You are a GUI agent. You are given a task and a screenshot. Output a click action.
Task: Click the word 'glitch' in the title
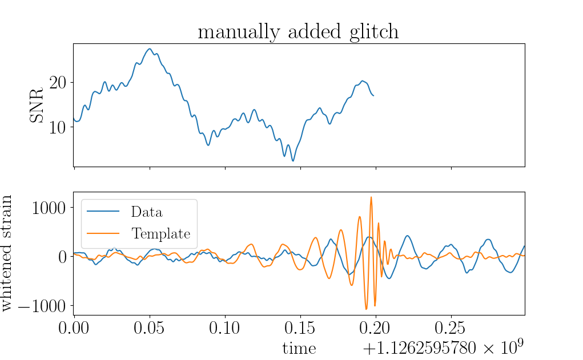pos(374,32)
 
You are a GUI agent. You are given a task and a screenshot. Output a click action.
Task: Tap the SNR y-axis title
pos(37,105)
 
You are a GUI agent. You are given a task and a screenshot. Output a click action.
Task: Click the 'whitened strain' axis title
pos(6,253)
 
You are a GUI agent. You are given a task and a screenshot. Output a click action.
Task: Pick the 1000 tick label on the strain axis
pos(49,208)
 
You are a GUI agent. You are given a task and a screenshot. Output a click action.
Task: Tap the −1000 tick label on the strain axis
pos(42,306)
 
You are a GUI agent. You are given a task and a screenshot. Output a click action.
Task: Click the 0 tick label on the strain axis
pos(63,257)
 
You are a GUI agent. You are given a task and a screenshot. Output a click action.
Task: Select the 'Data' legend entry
pos(147,212)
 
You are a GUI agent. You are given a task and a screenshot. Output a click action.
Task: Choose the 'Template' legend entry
pos(160,234)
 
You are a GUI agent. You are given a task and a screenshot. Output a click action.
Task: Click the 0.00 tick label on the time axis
pos(74,328)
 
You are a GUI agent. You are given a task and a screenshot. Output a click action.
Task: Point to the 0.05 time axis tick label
pos(150,328)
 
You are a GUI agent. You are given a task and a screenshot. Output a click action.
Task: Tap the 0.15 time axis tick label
pos(300,328)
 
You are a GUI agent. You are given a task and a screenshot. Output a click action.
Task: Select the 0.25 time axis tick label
pos(451,328)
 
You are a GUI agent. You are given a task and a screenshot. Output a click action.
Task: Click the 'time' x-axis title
pos(299,349)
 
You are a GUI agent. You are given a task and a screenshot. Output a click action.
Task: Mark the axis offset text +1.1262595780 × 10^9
pos(443,347)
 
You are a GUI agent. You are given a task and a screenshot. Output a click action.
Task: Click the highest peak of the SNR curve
pos(150,48)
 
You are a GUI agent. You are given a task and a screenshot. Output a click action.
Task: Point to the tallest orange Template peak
pos(371,197)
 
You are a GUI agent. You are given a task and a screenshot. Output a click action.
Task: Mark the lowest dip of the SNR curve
pos(293,161)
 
